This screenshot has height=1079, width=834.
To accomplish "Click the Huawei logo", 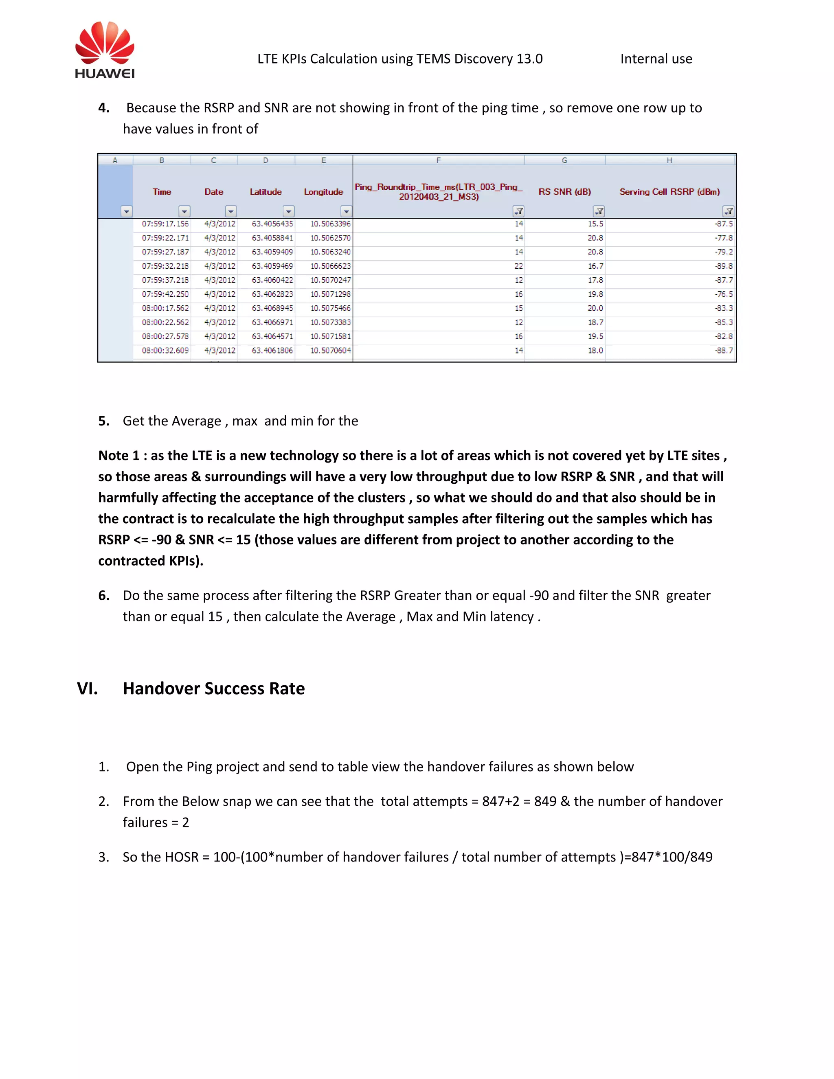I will point(105,49).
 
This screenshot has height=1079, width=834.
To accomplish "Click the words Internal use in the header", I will point(656,59).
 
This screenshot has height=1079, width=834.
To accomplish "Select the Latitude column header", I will point(266,192).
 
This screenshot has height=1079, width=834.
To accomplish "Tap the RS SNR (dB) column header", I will point(564,192).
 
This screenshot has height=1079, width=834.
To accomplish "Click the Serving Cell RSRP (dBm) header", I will point(669,192).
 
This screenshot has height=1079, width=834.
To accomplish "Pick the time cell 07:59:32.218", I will point(165,266).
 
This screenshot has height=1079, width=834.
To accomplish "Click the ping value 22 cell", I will point(518,266).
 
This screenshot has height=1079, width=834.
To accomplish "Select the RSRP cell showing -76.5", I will point(723,294).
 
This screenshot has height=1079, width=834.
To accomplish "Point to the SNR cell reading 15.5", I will point(595,224).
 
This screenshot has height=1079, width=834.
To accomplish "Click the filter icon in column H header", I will point(728,211).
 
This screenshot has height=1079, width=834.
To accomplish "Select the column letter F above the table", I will point(438,160).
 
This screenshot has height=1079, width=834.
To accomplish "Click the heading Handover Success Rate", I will point(213,688).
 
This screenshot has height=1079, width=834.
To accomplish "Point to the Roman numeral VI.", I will point(87,688).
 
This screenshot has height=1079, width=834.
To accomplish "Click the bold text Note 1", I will point(119,456).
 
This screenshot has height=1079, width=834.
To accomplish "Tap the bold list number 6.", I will point(103,595).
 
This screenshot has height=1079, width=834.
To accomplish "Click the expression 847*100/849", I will point(672,857).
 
